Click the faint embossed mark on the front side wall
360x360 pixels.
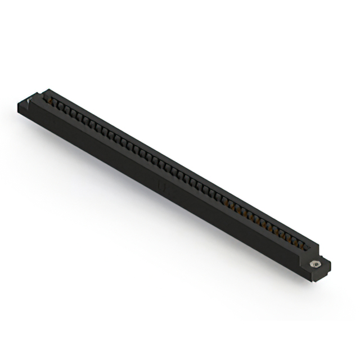162,185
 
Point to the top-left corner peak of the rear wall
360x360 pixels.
48,89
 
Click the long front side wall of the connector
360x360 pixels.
141,169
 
